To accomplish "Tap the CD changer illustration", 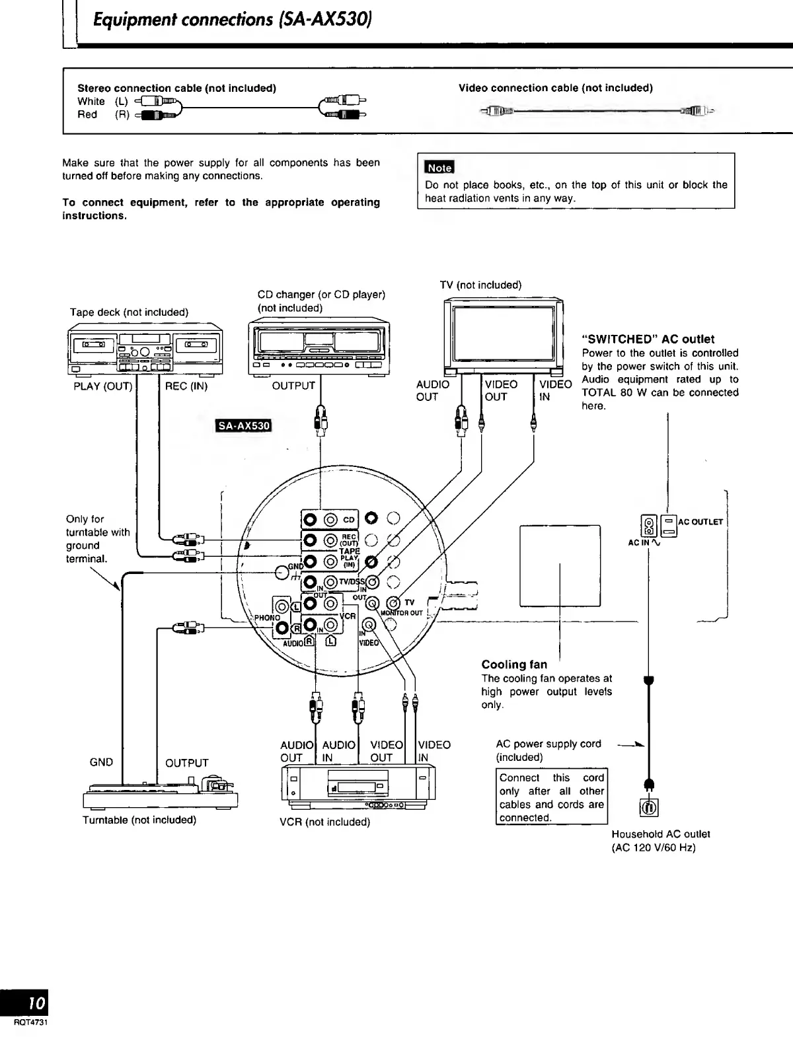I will click(x=319, y=348).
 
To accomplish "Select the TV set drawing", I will click(x=504, y=336).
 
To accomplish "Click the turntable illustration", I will click(x=161, y=793).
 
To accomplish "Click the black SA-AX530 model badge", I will click(x=245, y=426).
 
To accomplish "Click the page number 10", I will click(x=36, y=1003).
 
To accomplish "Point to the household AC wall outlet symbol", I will click(x=648, y=806).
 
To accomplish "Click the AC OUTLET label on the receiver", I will click(x=700, y=522).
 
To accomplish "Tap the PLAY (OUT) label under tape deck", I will click(x=102, y=386).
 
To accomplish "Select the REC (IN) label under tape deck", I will click(x=186, y=386).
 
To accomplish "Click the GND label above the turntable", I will click(x=101, y=762).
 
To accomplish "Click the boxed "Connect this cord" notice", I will click(x=551, y=797).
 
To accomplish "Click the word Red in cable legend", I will click(x=87, y=114).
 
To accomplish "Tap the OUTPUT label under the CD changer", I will click(x=293, y=386).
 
